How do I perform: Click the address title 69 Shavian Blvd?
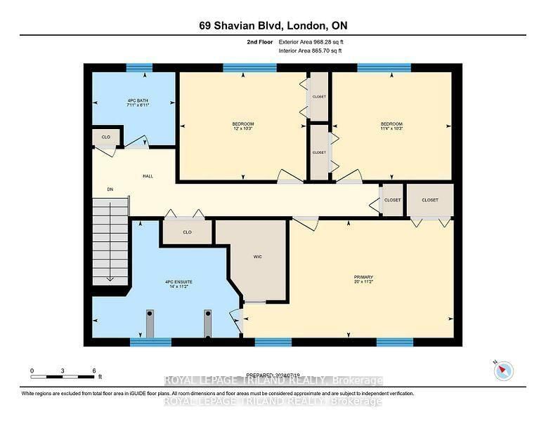(x=273, y=26)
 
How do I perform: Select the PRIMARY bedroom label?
(x=363, y=277)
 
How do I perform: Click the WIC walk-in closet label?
(x=257, y=257)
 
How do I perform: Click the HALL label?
(x=148, y=176)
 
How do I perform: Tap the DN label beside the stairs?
(x=110, y=189)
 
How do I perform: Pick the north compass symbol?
(x=503, y=370)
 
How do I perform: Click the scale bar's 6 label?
(x=93, y=370)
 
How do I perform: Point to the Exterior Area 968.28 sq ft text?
(x=311, y=42)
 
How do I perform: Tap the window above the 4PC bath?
(x=139, y=68)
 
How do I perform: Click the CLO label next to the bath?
(x=106, y=137)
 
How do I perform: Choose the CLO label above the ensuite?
(x=187, y=232)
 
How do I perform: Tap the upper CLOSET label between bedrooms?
(x=319, y=97)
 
